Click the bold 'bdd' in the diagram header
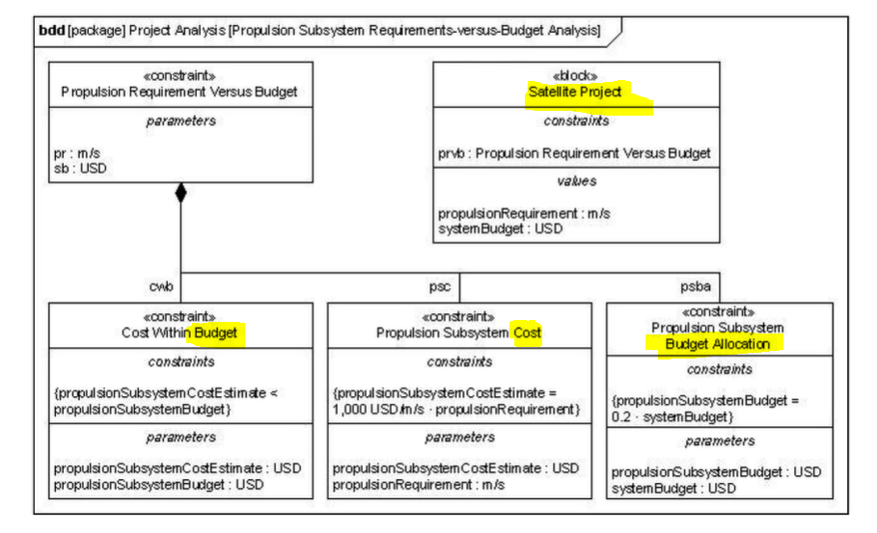click(x=51, y=30)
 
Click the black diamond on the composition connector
click(x=179, y=193)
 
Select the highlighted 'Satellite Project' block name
click(x=575, y=92)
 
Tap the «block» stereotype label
click(x=575, y=76)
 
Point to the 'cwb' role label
click(x=161, y=286)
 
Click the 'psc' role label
click(x=440, y=286)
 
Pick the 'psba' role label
click(x=699, y=286)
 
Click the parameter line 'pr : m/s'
click(x=72, y=152)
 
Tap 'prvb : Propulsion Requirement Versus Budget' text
click(x=574, y=152)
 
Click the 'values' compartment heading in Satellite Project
click(x=576, y=180)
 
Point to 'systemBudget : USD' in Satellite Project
click(x=500, y=228)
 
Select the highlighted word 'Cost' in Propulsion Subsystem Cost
click(x=527, y=333)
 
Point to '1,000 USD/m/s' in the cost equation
click(x=377, y=410)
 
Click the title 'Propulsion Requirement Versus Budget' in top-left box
click(x=179, y=92)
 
